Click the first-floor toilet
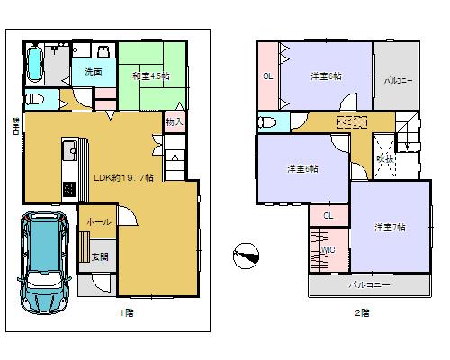(33, 99)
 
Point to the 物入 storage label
(174, 121)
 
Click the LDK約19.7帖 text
(123, 177)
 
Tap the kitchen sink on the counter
(67, 150)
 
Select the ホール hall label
(99, 220)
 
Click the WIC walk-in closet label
(328, 249)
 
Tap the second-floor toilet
(267, 121)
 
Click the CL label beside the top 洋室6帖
(268, 76)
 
